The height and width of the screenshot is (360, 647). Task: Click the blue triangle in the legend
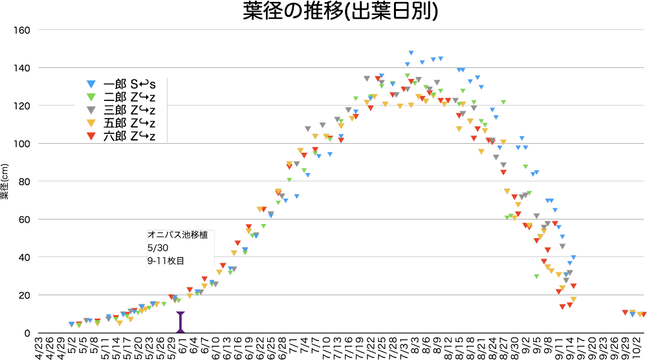91,84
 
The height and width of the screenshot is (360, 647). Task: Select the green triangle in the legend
91,97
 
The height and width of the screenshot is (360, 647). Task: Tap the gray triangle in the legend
91,110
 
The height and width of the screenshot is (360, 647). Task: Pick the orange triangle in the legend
91,123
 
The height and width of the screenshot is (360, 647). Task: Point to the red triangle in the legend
91,136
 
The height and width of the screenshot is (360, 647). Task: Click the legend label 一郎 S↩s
129,84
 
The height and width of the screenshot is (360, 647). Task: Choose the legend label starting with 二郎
129,97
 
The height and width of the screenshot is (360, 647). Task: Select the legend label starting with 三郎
129,110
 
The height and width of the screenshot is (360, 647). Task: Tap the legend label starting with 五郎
129,123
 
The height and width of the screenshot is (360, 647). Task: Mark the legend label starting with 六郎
129,136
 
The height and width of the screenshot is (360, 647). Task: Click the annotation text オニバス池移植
178,235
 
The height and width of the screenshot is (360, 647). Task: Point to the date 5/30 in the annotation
158,248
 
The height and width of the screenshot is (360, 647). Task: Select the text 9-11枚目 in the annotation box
166,261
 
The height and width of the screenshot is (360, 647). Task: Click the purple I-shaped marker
181,322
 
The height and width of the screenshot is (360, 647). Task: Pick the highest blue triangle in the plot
411,53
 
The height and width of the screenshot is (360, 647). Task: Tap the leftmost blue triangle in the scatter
71,324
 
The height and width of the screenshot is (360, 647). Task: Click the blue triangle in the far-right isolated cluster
632,315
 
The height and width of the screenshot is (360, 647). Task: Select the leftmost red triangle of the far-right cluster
625,313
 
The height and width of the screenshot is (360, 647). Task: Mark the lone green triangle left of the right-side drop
536,276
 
